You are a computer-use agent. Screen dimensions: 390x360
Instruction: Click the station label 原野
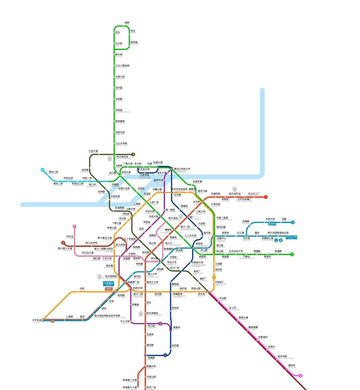click(x=127, y=23)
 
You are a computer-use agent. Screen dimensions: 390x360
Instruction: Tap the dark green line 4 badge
click(x=133, y=154)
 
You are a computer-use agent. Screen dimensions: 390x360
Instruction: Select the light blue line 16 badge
click(x=42, y=170)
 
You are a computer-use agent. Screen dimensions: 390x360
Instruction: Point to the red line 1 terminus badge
click(x=266, y=197)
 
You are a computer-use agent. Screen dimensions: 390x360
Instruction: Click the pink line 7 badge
click(x=74, y=226)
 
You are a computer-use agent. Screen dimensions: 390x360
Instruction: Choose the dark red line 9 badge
click(x=63, y=243)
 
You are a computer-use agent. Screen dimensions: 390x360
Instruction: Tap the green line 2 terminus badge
click(x=292, y=254)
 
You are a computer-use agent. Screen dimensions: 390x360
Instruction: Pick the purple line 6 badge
click(x=160, y=324)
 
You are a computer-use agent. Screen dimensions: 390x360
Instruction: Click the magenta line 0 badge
click(x=300, y=376)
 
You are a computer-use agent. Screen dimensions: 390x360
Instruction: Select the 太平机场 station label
click(x=37, y=320)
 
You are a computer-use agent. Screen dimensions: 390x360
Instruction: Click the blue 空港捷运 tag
click(x=108, y=283)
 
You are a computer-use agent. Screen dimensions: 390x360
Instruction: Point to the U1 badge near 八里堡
click(x=52, y=321)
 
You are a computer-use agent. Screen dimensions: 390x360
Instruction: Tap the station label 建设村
click(x=292, y=365)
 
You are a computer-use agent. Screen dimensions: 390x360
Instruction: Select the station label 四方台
click(x=70, y=236)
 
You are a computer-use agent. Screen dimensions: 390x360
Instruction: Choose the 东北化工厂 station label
click(x=254, y=194)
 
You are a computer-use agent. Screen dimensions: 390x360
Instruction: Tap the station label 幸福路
click(x=278, y=251)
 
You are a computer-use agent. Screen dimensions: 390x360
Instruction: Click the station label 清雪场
click(x=177, y=327)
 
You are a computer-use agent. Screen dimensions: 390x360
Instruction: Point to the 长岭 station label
click(x=82, y=288)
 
